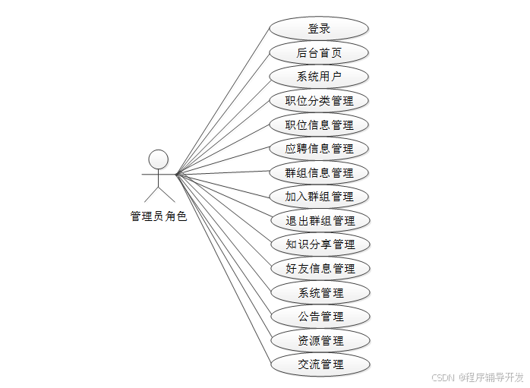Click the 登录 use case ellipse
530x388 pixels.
(319, 29)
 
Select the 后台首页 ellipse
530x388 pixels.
(319, 53)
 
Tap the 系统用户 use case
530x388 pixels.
(319, 77)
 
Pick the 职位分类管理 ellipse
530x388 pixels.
(319, 101)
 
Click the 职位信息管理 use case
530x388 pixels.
(319, 125)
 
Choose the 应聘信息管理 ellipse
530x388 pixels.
(319, 148)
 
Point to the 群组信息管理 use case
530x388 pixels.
(319, 172)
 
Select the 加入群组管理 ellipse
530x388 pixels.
(319, 197)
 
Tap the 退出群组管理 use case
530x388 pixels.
(319, 221)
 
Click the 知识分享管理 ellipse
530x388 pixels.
(319, 244)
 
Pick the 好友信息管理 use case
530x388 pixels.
(319, 268)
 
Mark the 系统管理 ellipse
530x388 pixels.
(319, 292)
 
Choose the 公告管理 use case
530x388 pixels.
(319, 317)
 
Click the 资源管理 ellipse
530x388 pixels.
(319, 340)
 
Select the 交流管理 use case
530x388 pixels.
(319, 364)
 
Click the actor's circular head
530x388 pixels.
(158, 159)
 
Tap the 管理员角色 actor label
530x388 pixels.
(158, 216)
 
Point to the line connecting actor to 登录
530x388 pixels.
(222, 102)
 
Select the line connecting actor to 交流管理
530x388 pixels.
(222, 269)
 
